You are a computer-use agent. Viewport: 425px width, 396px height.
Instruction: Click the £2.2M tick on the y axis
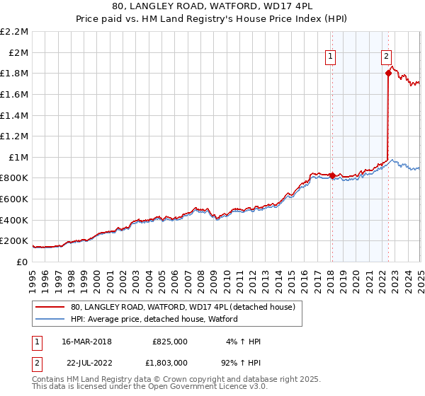coord(14,32)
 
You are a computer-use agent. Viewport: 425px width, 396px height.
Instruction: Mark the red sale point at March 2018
coord(332,175)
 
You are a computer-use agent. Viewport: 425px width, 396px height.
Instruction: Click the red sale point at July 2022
coord(388,72)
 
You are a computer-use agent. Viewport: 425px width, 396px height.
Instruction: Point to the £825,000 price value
coord(170,342)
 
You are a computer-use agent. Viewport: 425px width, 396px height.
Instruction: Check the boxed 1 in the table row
coord(35,342)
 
